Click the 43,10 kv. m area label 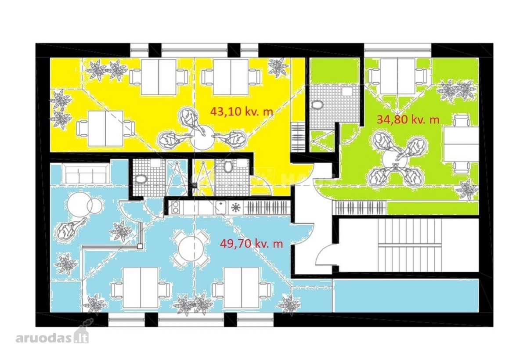[242, 112]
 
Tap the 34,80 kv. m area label [408, 120]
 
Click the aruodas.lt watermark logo [52, 338]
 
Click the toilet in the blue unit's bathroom [141, 180]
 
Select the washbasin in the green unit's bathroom [347, 92]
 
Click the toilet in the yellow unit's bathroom [228, 167]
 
